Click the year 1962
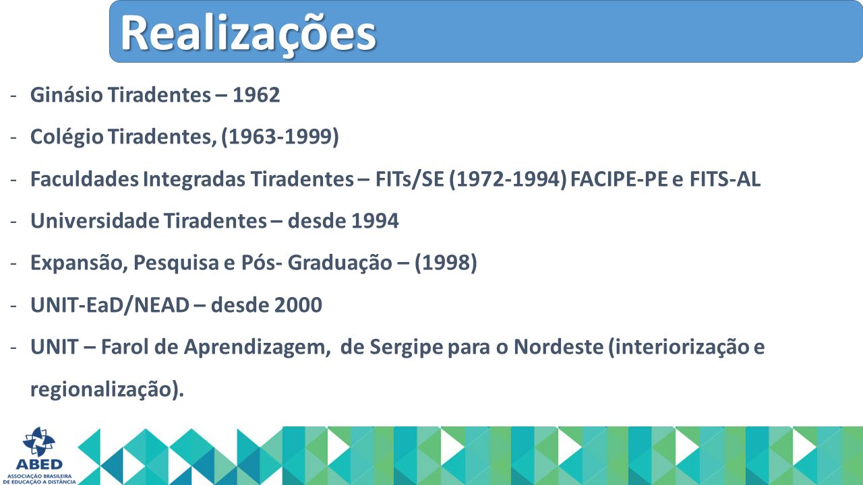tap(256, 95)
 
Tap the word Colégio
tap(67, 137)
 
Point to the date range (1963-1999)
tap(280, 137)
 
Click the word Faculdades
tap(84, 179)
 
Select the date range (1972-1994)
tap(508, 179)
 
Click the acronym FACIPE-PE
tap(619, 179)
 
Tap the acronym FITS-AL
tap(725, 179)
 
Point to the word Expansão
tap(79, 263)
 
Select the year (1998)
tap(446, 263)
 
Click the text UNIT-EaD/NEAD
tap(110, 305)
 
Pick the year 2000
tap(298, 305)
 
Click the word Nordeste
tap(559, 347)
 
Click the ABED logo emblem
tap(39, 441)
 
